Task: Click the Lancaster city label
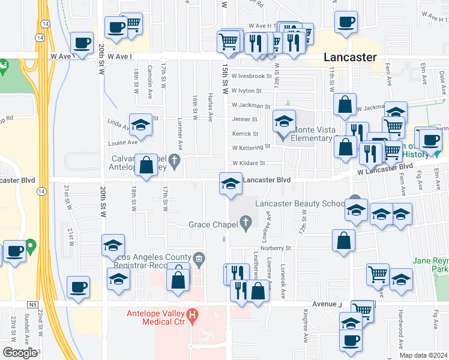[x=350, y=57]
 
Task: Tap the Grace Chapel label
[x=211, y=224]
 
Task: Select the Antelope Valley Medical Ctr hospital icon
[x=192, y=314]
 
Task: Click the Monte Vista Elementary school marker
[x=285, y=122]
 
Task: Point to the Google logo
[x=20, y=353]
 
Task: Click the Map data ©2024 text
[x=424, y=355]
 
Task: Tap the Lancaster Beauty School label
[x=299, y=203]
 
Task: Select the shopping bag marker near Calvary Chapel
[x=146, y=165]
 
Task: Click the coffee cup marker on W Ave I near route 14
[x=82, y=44]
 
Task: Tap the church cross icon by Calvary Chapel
[x=175, y=159]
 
